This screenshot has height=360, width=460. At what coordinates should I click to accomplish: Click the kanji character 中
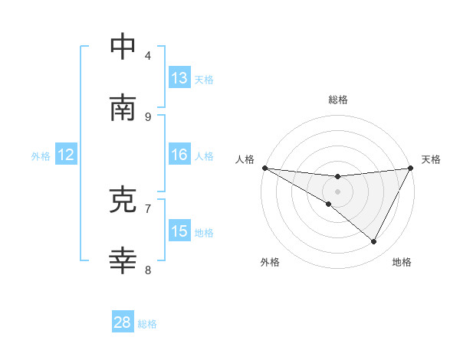pyautogui.click(x=123, y=47)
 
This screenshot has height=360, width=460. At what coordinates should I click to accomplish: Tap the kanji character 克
pyautogui.click(x=123, y=200)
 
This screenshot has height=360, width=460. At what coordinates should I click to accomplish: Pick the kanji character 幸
pyautogui.click(x=123, y=261)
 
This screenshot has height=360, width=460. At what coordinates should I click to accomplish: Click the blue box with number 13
pyautogui.click(x=179, y=77)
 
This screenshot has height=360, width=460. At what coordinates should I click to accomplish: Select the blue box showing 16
pyautogui.click(x=179, y=155)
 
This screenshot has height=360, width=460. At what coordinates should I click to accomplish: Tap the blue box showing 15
pyautogui.click(x=179, y=231)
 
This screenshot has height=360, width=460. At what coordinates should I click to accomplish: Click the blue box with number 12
pyautogui.click(x=65, y=155)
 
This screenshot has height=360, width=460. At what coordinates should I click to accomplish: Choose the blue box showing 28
pyautogui.click(x=123, y=322)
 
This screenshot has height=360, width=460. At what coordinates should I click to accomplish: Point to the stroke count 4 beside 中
pyautogui.click(x=148, y=55)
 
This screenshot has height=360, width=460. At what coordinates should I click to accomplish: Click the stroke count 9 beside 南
pyautogui.click(x=148, y=116)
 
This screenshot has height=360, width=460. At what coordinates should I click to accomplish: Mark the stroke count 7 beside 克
pyautogui.click(x=148, y=208)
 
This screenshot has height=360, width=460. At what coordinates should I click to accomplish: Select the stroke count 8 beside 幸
pyautogui.click(x=148, y=270)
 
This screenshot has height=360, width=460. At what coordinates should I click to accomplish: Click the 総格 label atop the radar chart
pyautogui.click(x=337, y=100)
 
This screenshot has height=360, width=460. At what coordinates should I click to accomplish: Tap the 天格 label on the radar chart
pyautogui.click(x=431, y=159)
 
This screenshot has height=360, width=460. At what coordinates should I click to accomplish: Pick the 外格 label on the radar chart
pyautogui.click(x=270, y=262)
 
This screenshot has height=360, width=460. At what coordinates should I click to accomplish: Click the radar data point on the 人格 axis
pyautogui.click(x=264, y=167)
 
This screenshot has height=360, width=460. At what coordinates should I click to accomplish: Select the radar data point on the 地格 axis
pyautogui.click(x=374, y=241)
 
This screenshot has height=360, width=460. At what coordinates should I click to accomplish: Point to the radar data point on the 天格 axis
pyautogui.click(x=411, y=167)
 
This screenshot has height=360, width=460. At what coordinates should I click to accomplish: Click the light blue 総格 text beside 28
pyautogui.click(x=147, y=324)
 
